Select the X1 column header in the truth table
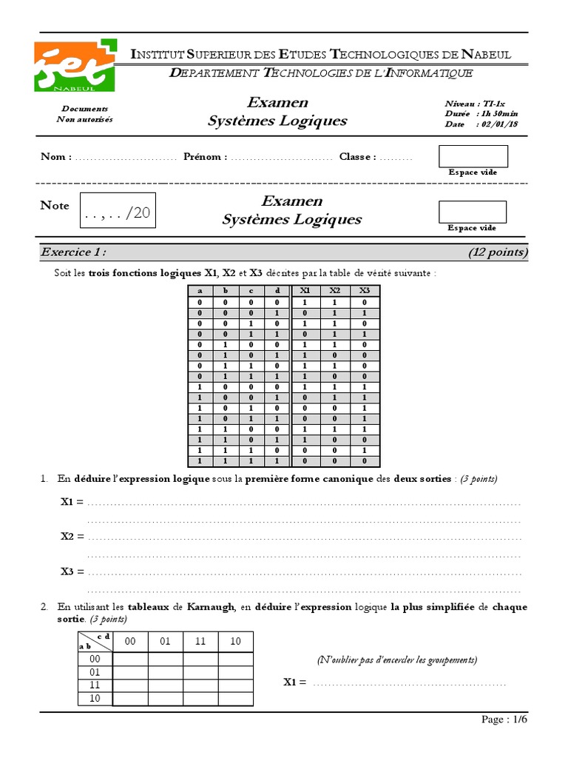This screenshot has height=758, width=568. (x=305, y=291)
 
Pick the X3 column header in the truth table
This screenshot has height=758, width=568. (x=364, y=291)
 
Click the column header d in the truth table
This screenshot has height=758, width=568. (x=277, y=291)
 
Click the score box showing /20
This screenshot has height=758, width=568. (x=118, y=213)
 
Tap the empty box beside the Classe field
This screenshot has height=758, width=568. (x=473, y=156)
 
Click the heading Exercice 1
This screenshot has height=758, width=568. (x=74, y=252)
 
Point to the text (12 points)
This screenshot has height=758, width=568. (x=498, y=252)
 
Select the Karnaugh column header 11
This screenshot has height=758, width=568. (x=200, y=642)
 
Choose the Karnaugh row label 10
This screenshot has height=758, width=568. (x=95, y=698)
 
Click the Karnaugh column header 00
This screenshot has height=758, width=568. (x=130, y=642)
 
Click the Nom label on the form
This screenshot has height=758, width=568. (x=55, y=157)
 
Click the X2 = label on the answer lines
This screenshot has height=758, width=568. (x=72, y=536)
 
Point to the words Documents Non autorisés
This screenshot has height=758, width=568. (x=85, y=114)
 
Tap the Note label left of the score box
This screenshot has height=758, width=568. (x=55, y=206)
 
